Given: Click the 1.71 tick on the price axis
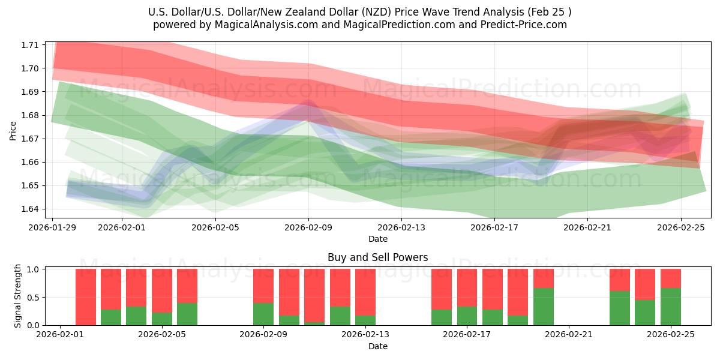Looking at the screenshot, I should coord(31,45).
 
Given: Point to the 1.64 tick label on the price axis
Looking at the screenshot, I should coord(31,209).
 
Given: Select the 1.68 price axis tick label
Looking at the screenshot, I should coord(31,115).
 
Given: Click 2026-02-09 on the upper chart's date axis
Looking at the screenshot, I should coord(308,227).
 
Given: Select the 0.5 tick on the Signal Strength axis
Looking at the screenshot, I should coord(33,297).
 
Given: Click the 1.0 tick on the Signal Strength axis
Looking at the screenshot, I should coord(33,269).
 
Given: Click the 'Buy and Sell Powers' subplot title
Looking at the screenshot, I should coord(377,257).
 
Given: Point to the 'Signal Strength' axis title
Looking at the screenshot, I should coord(18,296).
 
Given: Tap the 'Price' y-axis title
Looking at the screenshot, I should coord(13,130).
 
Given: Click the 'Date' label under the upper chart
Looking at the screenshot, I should coord(377,239).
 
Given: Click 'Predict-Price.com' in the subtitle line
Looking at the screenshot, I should coord(526,25).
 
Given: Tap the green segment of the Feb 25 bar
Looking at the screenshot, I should coord(671,307).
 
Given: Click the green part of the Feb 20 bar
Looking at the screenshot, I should coord(544,307).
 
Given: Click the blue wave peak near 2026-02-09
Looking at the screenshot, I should coord(307,103).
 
